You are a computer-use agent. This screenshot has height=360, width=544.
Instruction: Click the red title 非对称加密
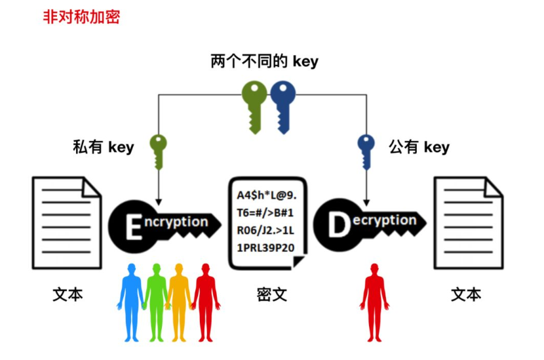[81, 16]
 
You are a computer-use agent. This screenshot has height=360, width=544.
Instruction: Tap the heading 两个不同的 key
[264, 62]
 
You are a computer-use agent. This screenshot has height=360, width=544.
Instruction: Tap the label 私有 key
[103, 146]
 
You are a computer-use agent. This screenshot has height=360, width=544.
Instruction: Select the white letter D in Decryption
[340, 225]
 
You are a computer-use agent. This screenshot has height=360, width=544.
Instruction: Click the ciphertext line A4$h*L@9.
[266, 196]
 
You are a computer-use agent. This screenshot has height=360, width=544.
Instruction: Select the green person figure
[156, 302]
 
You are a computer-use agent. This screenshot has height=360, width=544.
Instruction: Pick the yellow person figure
[179, 302]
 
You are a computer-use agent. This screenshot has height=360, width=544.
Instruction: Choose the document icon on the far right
[468, 222]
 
